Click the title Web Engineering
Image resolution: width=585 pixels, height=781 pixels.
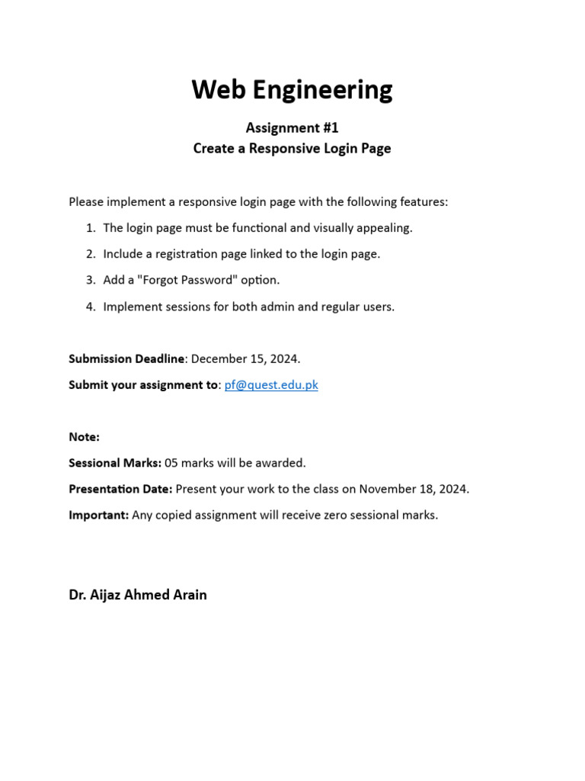tap(292, 90)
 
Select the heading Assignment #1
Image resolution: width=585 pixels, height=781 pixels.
tap(292, 128)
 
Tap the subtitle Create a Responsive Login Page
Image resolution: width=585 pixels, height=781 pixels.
tap(292, 149)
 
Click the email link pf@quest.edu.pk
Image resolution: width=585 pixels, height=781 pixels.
tap(271, 385)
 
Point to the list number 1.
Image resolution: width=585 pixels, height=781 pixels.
tap(91, 228)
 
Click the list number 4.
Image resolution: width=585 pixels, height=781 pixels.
tap(91, 307)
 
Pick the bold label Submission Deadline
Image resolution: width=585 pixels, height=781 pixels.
tap(126, 358)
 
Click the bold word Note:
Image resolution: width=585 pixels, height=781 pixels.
tap(84, 437)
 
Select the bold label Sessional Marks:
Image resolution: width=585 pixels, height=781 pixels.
tap(115, 463)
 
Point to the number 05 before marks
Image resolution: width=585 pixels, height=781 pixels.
tap(172, 463)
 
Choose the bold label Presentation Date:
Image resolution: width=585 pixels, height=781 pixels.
tap(120, 489)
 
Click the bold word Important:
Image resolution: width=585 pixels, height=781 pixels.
tap(99, 515)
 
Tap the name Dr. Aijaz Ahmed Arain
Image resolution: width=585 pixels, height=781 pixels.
tap(138, 595)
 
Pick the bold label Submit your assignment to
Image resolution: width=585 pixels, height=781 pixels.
tap(143, 385)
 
